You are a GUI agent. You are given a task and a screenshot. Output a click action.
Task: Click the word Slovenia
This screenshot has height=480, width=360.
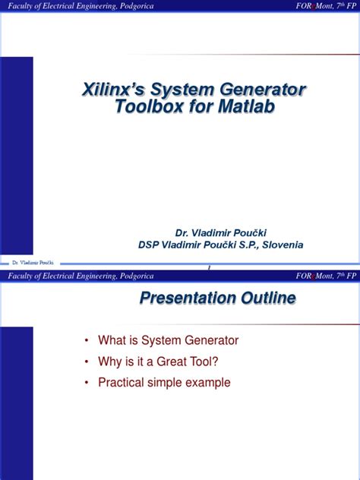tap(282, 245)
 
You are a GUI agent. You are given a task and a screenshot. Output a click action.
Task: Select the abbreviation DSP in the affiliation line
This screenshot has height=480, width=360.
tap(150, 245)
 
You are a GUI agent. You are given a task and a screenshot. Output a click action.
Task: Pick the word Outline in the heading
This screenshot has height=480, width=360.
tap(267, 298)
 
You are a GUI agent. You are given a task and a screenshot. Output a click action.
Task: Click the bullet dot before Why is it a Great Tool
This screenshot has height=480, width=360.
tap(88, 362)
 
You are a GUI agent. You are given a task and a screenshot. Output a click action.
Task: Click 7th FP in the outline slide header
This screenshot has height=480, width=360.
tap(339, 276)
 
